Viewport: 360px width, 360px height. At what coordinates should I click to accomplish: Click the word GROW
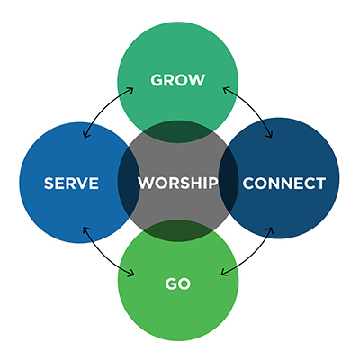point(178,80)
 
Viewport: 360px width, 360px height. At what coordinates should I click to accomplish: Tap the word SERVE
point(71,183)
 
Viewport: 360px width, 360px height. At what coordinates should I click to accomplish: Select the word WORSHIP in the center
point(178,183)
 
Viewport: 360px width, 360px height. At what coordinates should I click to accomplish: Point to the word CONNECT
point(284,184)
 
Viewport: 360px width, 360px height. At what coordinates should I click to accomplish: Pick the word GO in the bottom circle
point(178,283)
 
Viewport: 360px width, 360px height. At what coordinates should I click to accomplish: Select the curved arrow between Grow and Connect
point(253,107)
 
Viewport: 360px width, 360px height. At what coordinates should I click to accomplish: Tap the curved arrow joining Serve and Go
point(103,256)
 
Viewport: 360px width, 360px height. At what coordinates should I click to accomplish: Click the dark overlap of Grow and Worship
point(178,132)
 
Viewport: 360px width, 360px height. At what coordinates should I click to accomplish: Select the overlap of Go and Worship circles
point(178,230)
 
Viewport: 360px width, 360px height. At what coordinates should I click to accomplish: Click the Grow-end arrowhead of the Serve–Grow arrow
point(130,91)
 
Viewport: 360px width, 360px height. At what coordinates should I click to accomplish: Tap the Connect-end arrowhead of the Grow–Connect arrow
point(269,134)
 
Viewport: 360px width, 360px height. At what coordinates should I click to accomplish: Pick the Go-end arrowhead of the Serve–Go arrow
point(130,274)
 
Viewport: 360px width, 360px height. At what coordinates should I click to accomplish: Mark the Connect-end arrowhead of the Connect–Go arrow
point(270,230)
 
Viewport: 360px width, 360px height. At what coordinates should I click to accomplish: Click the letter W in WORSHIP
point(146,183)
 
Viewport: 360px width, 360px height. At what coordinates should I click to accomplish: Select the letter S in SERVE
point(49,183)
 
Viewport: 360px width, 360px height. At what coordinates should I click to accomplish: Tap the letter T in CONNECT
point(320,184)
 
